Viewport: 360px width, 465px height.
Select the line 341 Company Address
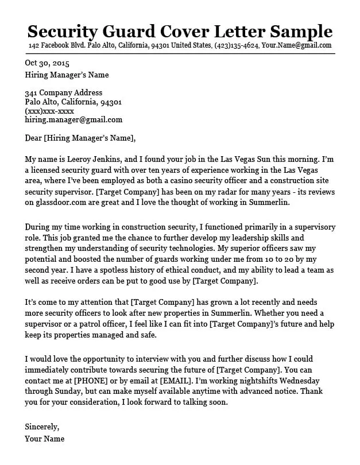64,93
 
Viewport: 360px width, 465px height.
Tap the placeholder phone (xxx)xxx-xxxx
49,111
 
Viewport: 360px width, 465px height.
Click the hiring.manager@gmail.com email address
73,120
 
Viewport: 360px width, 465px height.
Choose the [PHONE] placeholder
88,381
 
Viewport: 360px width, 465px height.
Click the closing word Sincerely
42,427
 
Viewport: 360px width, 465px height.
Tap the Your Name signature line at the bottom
45,439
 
